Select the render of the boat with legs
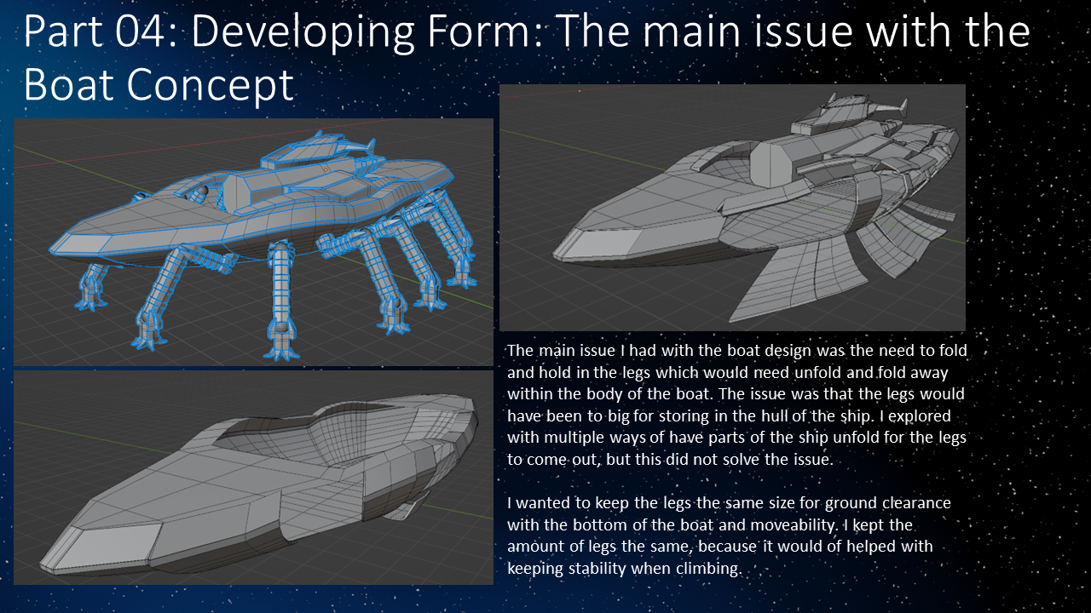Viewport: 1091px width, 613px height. [x=253, y=242]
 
